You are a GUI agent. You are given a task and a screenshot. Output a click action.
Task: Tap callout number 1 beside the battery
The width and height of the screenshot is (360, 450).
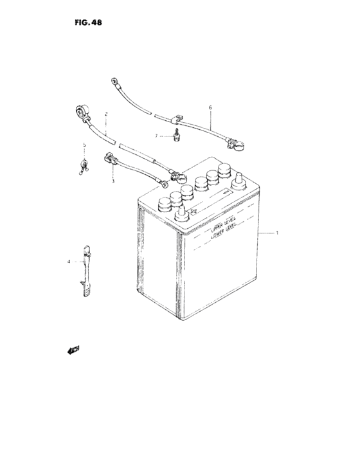[x=278, y=233]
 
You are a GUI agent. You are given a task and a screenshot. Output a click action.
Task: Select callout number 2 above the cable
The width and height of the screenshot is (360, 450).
[x=105, y=114]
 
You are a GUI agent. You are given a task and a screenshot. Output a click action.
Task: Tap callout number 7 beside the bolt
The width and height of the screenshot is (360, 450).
[x=155, y=136]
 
